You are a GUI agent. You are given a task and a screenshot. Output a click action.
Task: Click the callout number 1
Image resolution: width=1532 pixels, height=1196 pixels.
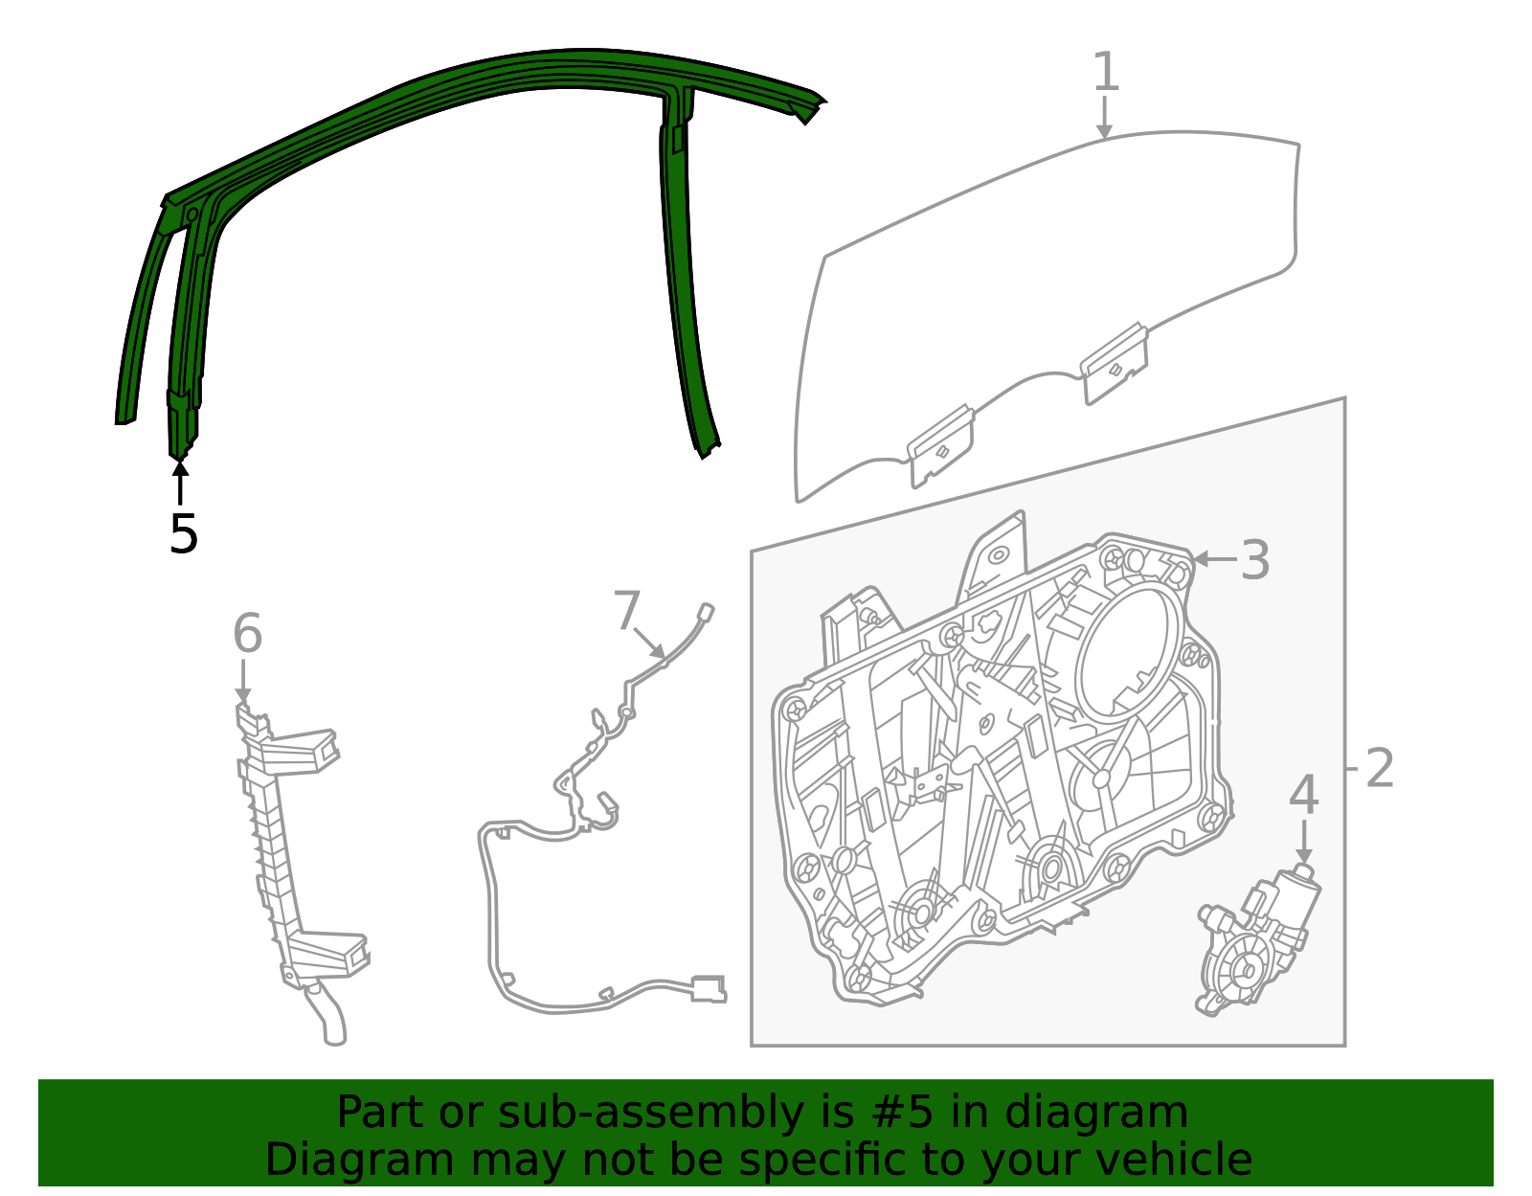click(x=1105, y=74)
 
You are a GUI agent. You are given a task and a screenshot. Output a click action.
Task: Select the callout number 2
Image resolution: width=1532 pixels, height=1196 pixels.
click(x=1379, y=768)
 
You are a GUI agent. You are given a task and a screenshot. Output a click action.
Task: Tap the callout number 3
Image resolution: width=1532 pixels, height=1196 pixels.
click(x=1254, y=560)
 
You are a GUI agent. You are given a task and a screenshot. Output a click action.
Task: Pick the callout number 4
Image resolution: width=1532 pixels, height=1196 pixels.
click(x=1303, y=797)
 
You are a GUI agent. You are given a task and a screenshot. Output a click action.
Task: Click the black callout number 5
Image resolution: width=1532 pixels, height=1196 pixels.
click(x=182, y=534)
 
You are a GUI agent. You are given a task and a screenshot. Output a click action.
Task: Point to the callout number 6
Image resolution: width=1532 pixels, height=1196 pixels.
click(x=247, y=635)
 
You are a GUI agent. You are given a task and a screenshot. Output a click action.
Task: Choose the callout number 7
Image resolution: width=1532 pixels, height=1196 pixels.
click(x=626, y=610)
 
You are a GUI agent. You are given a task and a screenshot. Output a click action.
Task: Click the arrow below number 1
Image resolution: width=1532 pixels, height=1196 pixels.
click(x=1105, y=120)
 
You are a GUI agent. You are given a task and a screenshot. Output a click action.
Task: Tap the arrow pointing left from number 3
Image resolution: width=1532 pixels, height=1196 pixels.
click(x=1214, y=559)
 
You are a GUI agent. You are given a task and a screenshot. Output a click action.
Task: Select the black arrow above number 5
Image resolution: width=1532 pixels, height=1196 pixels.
click(x=180, y=481)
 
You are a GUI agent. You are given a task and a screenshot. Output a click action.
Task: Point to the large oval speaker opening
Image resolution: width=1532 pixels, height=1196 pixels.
click(x=1130, y=651)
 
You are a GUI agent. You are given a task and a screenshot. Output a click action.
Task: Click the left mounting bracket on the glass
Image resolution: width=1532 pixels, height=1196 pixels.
click(x=940, y=444)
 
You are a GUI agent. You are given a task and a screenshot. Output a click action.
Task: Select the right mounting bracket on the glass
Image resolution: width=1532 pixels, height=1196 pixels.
click(x=1115, y=363)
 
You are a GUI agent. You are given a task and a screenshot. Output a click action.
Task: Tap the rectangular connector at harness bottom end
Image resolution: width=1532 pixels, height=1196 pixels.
click(x=708, y=987)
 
